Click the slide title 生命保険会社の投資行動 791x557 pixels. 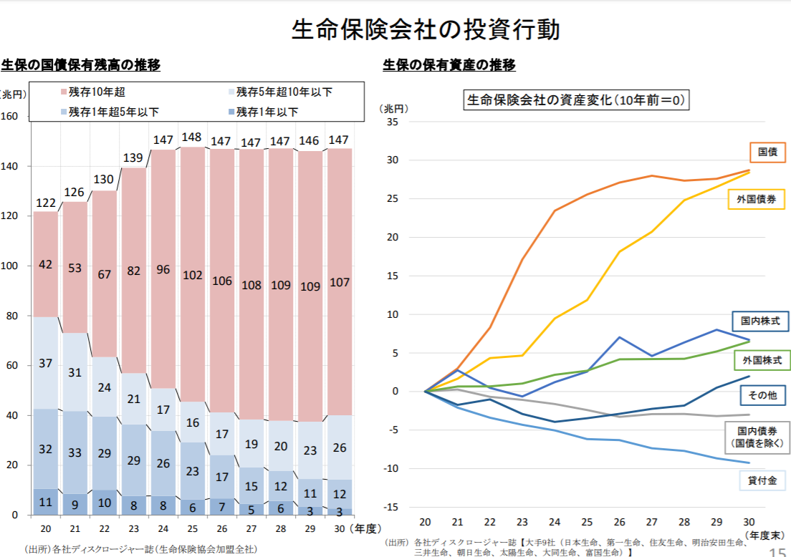tap(426, 29)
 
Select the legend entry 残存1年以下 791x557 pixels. tap(267, 112)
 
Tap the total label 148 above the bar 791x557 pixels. tap(192, 137)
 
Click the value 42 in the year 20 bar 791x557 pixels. tap(45, 265)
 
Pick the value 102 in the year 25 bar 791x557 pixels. tap(192, 275)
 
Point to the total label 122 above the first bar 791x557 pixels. tap(45, 203)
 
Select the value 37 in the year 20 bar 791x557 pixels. tap(45, 364)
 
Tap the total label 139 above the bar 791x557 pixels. tap(133, 158)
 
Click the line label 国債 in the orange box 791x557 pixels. tap(767, 152)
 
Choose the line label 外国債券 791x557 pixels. tap(756, 200)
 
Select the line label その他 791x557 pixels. tap(763, 395)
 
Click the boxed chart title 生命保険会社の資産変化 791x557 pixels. tap(577, 100)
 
